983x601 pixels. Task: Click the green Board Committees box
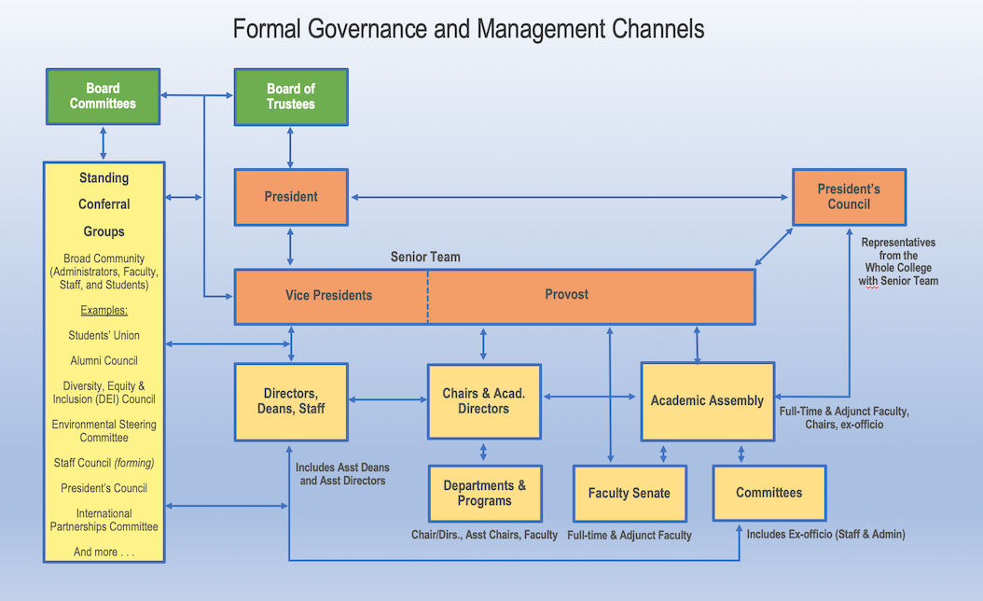103,97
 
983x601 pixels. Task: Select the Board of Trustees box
291,97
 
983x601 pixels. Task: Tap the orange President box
291,197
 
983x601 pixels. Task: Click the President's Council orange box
849,197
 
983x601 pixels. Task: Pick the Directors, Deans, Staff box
291,401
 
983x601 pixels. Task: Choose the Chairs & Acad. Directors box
484,401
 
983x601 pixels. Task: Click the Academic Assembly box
707,401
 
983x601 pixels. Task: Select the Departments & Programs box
485,493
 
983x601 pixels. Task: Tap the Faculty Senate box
630,493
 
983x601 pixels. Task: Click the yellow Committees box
769,493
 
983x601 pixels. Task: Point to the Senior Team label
425,257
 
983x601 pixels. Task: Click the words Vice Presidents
329,295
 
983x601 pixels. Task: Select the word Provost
567,294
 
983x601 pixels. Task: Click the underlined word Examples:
104,310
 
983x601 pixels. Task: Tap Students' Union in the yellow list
104,335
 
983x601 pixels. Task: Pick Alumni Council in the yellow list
104,361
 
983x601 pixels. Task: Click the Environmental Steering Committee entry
104,431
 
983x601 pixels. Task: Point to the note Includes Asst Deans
342,468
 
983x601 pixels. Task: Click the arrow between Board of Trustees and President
290,147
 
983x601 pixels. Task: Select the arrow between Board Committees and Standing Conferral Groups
104,143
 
